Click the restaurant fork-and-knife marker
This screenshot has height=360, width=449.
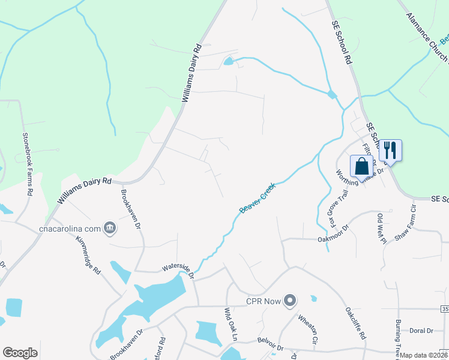click(x=390, y=149)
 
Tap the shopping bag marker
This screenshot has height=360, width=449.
click(x=362, y=166)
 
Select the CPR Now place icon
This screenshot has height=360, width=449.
click(x=291, y=300)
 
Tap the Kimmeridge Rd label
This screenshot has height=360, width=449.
click(x=89, y=254)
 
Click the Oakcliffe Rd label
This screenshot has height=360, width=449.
click(x=355, y=324)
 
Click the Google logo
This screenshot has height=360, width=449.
click(x=20, y=353)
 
